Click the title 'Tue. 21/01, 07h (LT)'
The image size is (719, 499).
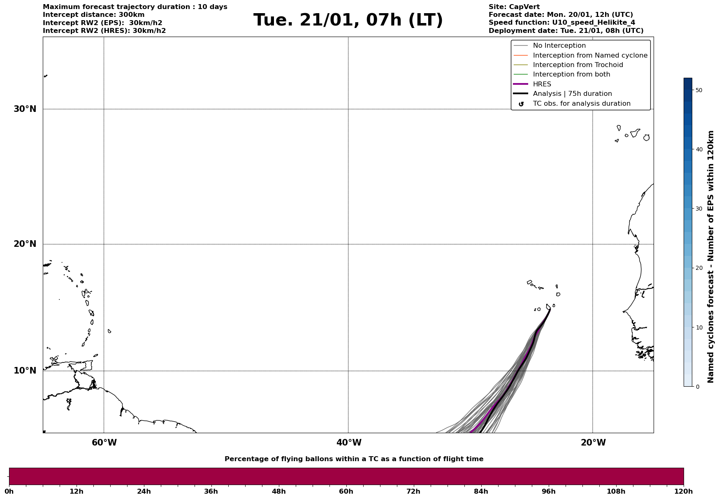coord(348,20)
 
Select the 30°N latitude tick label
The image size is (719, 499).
coord(25,109)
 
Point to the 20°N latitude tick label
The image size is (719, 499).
coord(25,244)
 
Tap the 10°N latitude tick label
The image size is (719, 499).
coord(25,371)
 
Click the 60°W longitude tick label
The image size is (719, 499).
coord(104,443)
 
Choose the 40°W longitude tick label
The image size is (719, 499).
coord(348,443)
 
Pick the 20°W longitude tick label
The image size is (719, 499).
coord(593,443)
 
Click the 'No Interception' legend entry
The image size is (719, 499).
coord(559,46)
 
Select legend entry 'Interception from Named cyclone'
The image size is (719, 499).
coord(590,56)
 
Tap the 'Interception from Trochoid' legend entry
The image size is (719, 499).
coord(578,65)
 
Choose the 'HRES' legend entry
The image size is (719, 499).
coord(542,84)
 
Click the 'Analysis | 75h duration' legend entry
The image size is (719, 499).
coord(572,94)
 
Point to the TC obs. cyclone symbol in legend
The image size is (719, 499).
coord(521,104)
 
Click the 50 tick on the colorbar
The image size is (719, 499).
coord(699,90)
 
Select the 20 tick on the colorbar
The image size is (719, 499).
coord(699,268)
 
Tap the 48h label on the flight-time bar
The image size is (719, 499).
coord(278,492)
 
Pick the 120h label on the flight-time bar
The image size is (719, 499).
coord(683,492)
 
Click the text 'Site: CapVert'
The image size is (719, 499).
coord(514,7)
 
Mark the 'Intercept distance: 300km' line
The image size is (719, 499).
coord(93,15)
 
